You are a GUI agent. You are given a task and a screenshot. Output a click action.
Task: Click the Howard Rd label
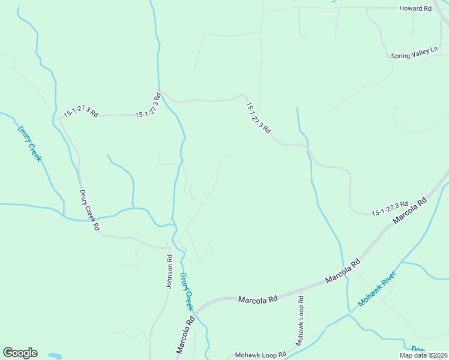[x=415, y=9]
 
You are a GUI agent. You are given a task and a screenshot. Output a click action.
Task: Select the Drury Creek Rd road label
[x=89, y=211]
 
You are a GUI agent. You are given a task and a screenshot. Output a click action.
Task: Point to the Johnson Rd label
[x=170, y=272]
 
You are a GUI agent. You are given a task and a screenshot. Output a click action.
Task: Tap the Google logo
[x=20, y=353]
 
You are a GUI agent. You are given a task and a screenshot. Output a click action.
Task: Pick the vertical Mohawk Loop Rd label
[x=300, y=320]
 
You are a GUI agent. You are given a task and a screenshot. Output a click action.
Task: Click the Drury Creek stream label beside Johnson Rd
[x=187, y=292]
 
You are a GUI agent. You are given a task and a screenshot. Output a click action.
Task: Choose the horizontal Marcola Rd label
[x=258, y=299]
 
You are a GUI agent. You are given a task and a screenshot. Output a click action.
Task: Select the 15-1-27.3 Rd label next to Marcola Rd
[x=390, y=208]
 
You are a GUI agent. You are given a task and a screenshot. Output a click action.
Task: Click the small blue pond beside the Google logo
[x=55, y=356]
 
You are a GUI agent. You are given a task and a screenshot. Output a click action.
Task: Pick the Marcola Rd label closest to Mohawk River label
[x=342, y=271]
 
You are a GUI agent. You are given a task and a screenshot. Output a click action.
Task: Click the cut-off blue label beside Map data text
[x=418, y=349]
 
